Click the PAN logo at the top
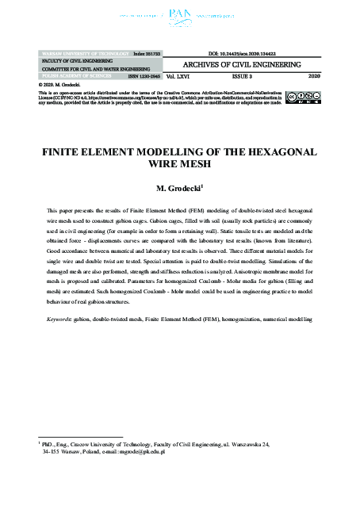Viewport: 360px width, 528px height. point(181,14)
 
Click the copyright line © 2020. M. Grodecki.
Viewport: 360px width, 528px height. point(60,83)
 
